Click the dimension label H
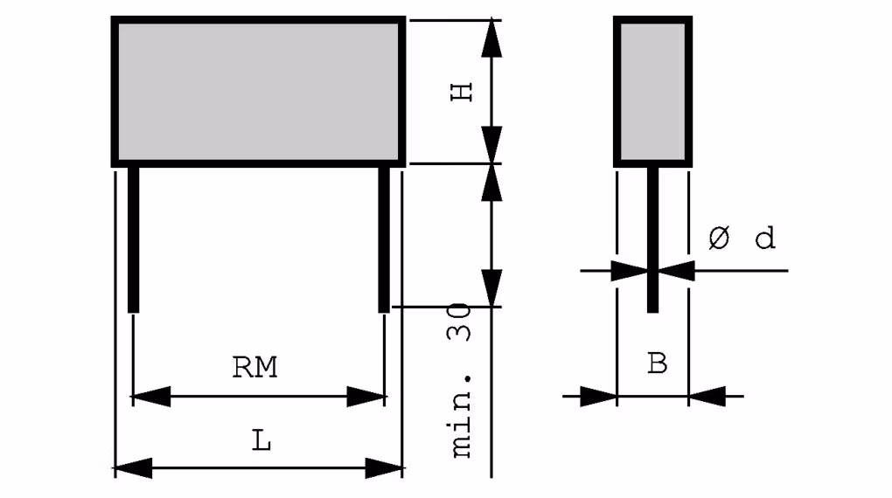click(462, 92)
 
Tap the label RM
click(254, 368)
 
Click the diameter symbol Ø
click(718, 239)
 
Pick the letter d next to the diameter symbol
click(765, 239)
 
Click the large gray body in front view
click(258, 91)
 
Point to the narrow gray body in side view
click(652, 91)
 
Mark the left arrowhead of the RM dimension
click(150, 397)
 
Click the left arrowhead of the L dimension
click(133, 467)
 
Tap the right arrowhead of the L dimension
click(383, 467)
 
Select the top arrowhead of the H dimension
click(492, 38)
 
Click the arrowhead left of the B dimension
click(599, 397)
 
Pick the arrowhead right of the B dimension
click(707, 397)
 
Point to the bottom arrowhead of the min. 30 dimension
click(492, 288)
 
